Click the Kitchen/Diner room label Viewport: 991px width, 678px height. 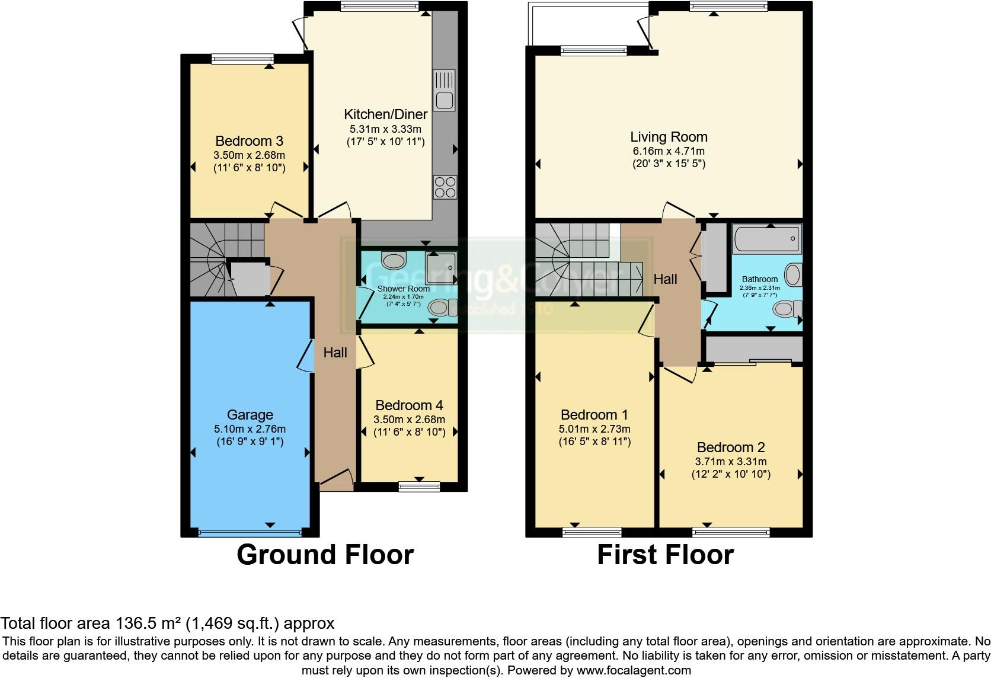(385, 114)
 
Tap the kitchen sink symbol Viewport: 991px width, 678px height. (444, 91)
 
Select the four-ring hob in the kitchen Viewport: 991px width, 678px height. (445, 187)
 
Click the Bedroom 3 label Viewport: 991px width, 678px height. (249, 141)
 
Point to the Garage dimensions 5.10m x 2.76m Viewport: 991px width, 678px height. (250, 429)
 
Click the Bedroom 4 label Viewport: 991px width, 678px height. (409, 405)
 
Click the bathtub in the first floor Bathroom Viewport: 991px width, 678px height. (767, 239)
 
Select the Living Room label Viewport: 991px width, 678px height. (669, 137)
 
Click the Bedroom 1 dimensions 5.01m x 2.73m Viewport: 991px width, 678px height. (594, 429)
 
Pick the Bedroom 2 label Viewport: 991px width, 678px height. (731, 447)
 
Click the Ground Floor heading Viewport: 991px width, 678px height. (325, 555)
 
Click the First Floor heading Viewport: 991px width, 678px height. (665, 555)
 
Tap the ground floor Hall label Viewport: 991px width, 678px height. (335, 353)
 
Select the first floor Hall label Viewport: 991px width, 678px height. (665, 279)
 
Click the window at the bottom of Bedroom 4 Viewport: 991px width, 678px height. (419, 487)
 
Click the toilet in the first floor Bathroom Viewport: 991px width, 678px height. (787, 308)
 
